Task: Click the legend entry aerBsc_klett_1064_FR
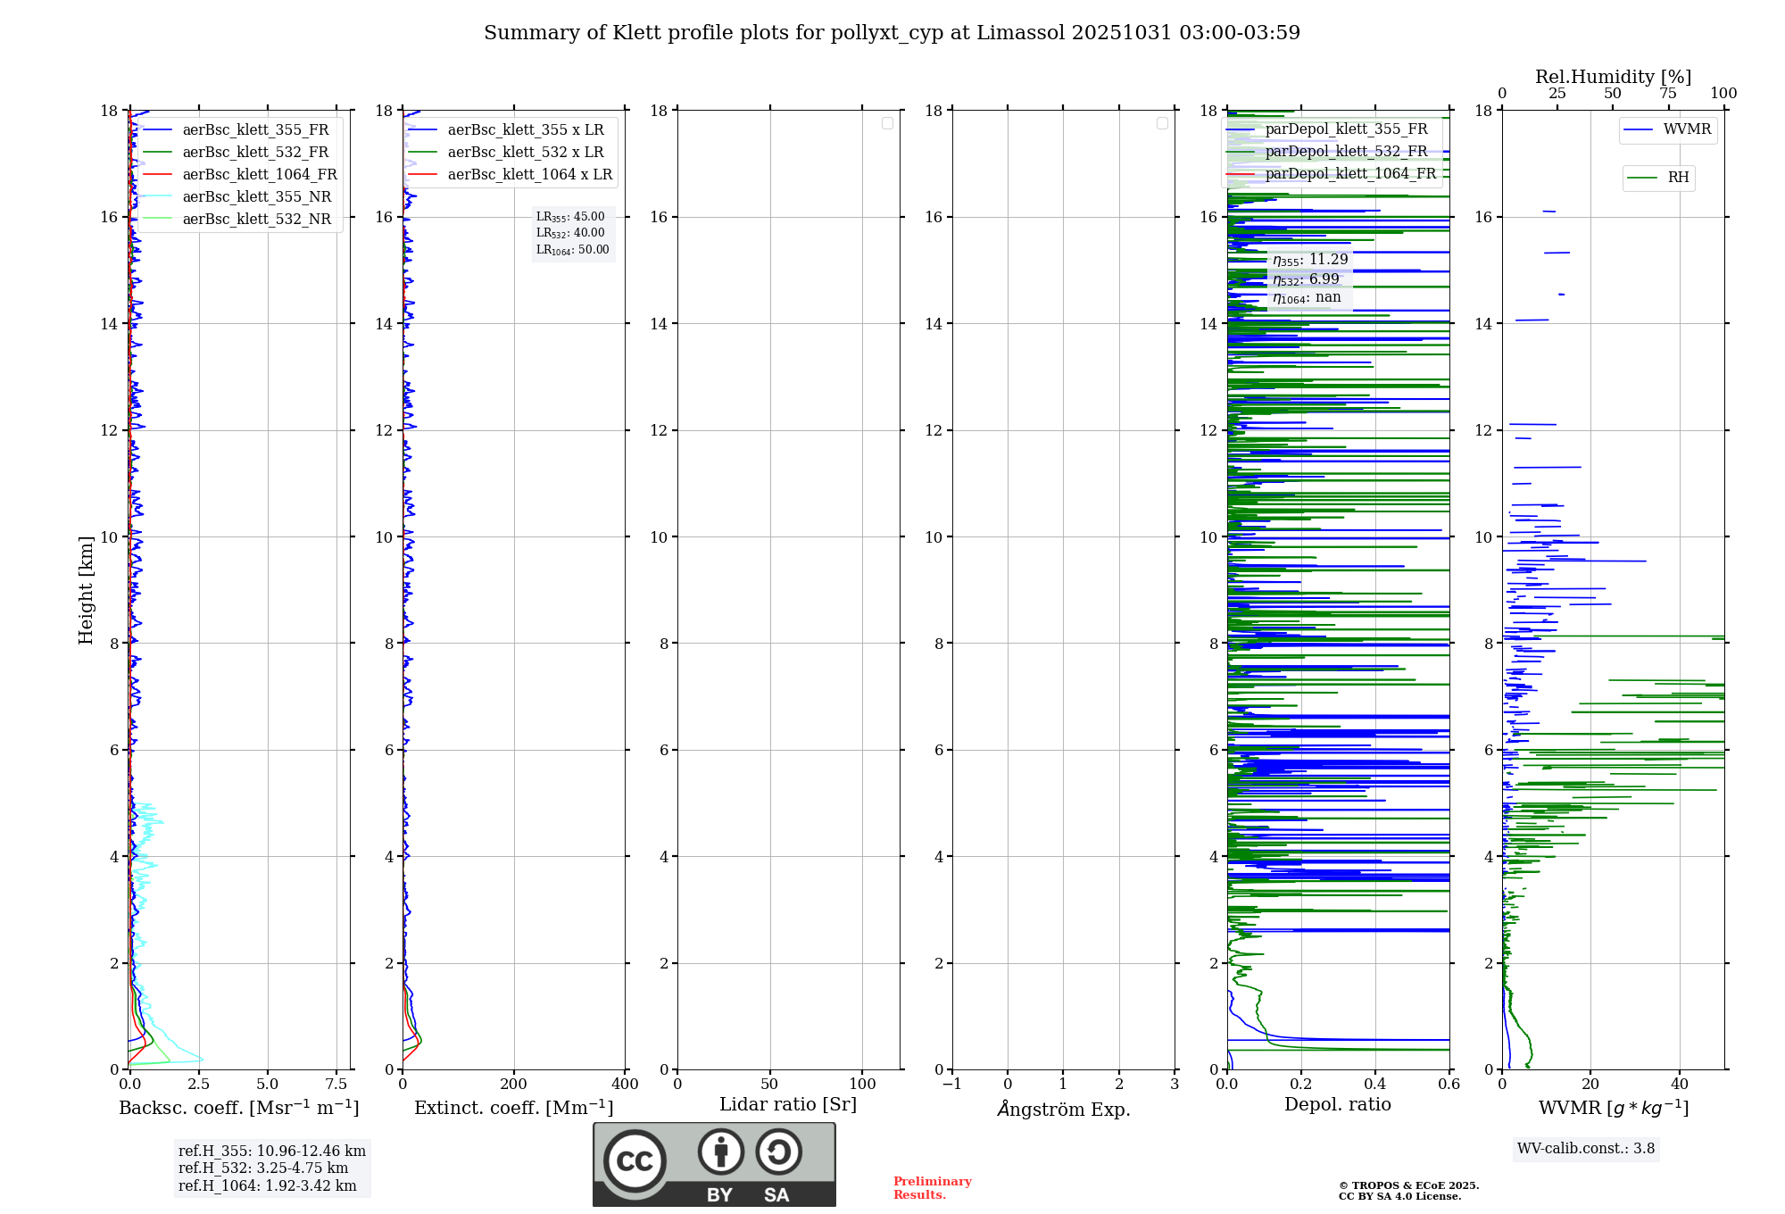click(x=259, y=175)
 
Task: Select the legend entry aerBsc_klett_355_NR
click(x=256, y=197)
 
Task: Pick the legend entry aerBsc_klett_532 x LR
click(x=525, y=153)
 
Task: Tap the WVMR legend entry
click(x=1686, y=129)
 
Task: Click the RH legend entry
click(x=1677, y=178)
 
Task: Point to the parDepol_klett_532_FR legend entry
click(x=1345, y=152)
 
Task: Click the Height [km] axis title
click(x=86, y=589)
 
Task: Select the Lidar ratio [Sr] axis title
click(x=788, y=1105)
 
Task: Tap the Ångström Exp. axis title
click(x=1064, y=1109)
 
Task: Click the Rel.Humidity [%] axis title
click(x=1613, y=77)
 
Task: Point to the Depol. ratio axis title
click(x=1337, y=1105)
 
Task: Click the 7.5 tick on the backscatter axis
click(x=336, y=1085)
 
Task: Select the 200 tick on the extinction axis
click(x=514, y=1085)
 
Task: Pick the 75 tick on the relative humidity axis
click(x=1668, y=94)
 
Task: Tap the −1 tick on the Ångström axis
click(x=952, y=1085)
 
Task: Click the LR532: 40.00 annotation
click(x=570, y=233)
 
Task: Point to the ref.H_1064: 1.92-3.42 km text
click(x=267, y=1186)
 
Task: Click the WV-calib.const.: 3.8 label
click(x=1586, y=1149)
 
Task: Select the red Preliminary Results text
click(x=932, y=1188)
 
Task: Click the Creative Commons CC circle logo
click(x=635, y=1161)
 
